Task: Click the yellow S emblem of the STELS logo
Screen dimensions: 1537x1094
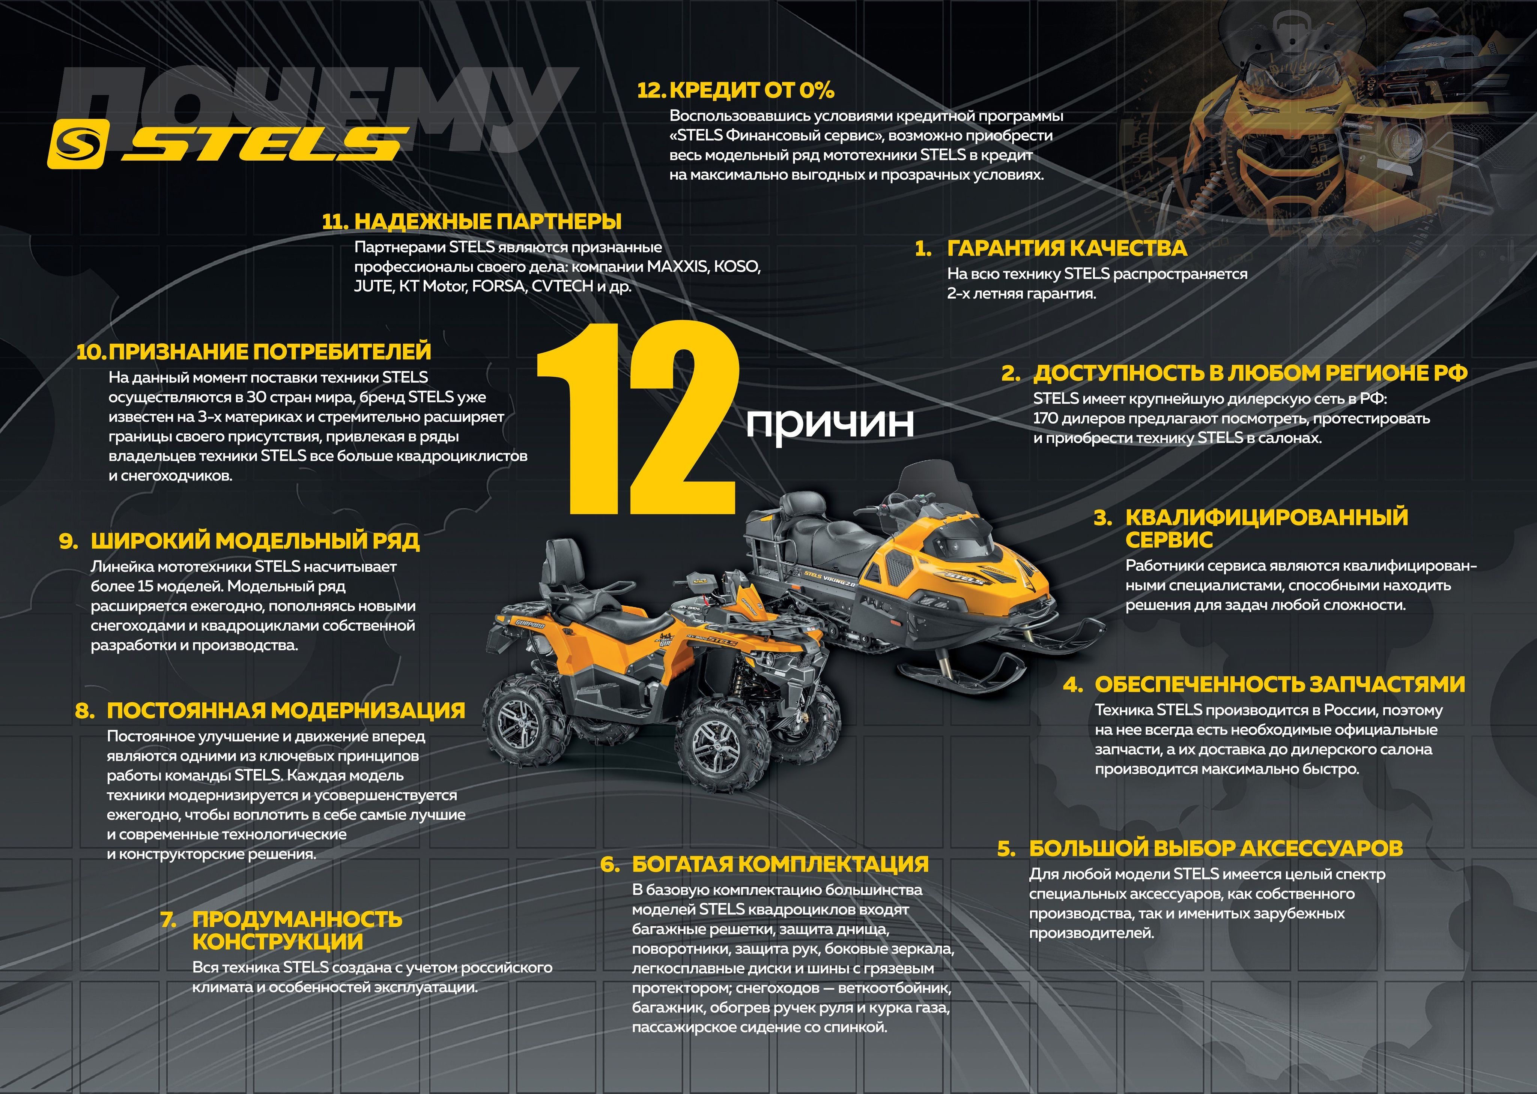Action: tap(77, 143)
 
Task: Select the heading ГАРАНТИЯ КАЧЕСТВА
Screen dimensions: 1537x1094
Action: tap(1067, 248)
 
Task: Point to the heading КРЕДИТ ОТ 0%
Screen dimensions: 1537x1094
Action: tap(752, 90)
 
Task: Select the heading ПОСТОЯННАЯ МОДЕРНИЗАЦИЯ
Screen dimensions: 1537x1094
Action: tap(286, 710)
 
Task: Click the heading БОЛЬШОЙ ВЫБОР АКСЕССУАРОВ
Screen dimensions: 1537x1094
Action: tap(1216, 848)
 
